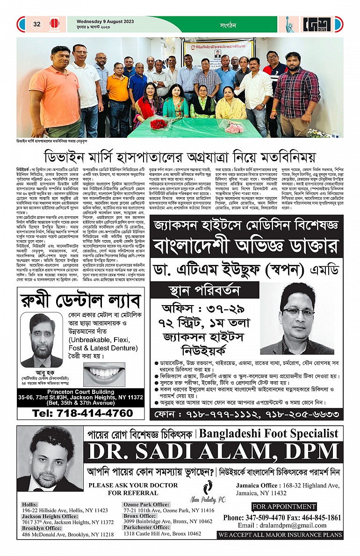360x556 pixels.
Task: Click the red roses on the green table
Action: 159,124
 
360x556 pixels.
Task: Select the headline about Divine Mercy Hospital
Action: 180,156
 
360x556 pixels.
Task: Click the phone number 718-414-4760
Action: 82,413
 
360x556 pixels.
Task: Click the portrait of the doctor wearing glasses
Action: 297,324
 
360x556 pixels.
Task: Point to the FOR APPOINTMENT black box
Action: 284,506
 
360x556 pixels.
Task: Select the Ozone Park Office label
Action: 146,505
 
